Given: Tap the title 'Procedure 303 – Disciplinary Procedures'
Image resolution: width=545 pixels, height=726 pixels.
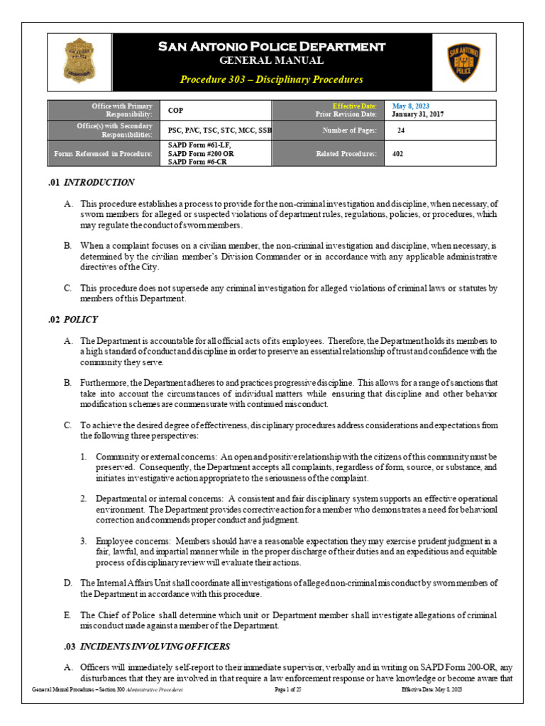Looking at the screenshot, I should (x=271, y=79).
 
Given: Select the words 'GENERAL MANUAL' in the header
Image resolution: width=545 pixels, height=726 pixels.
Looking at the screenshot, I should (x=272, y=61).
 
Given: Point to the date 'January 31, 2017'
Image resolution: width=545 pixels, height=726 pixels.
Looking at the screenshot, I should (x=418, y=114).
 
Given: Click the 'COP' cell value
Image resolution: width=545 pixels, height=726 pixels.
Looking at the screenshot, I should (x=175, y=111).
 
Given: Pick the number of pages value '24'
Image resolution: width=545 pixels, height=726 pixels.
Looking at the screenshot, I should (x=401, y=130).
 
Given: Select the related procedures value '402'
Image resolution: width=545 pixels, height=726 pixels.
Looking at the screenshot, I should (x=397, y=153).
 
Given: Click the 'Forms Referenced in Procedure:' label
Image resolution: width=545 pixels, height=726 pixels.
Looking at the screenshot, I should (x=103, y=153).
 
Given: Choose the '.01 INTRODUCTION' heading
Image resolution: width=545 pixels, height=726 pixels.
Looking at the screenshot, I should (x=92, y=183).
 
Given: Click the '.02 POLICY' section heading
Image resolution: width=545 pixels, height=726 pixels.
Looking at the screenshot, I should (x=72, y=320).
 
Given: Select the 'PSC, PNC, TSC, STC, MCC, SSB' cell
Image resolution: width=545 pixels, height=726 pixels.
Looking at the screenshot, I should (x=219, y=130).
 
